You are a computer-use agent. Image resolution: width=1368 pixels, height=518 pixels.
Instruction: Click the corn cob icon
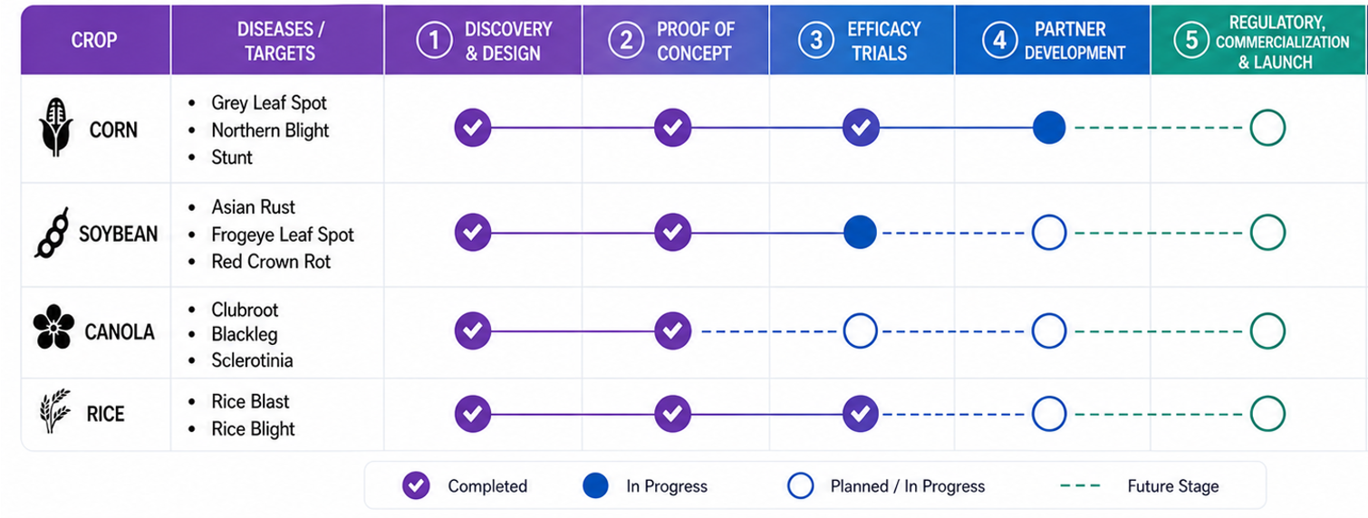pyautogui.click(x=55, y=127)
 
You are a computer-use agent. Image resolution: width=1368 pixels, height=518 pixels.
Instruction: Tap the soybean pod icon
pyautogui.click(x=52, y=233)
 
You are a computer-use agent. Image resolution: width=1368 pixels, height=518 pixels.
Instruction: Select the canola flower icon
pyautogui.click(x=53, y=326)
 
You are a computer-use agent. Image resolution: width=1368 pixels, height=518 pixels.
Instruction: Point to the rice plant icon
pyautogui.click(x=55, y=411)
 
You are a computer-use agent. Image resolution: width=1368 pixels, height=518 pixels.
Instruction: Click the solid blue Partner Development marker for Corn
pyautogui.click(x=1049, y=128)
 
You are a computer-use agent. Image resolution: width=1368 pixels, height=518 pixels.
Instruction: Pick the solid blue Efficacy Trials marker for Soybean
pyautogui.click(x=860, y=233)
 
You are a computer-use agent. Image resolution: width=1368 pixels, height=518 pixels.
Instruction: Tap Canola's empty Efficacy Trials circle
pyautogui.click(x=860, y=331)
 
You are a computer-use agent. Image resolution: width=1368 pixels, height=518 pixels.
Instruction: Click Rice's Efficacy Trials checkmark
pyautogui.click(x=861, y=414)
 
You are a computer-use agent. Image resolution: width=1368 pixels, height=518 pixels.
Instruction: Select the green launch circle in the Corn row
pyautogui.click(x=1267, y=128)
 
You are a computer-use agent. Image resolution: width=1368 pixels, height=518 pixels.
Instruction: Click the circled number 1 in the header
pyautogui.click(x=434, y=40)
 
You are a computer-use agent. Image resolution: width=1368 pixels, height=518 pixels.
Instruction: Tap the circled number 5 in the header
pyautogui.click(x=1191, y=40)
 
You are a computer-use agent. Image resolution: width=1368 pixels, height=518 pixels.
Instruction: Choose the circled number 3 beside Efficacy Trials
pyautogui.click(x=816, y=40)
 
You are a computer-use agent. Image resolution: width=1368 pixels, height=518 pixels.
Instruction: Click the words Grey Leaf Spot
pyautogui.click(x=269, y=103)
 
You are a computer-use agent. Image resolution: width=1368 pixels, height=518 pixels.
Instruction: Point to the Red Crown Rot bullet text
pyautogui.click(x=271, y=262)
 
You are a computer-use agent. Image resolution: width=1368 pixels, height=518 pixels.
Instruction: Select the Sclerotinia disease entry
pyautogui.click(x=252, y=360)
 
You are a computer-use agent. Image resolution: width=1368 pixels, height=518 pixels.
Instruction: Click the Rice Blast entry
pyautogui.click(x=250, y=401)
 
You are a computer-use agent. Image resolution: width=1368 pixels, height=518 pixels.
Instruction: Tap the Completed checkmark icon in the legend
pyautogui.click(x=416, y=485)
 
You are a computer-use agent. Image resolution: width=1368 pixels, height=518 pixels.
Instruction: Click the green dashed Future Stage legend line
pyautogui.click(x=1080, y=485)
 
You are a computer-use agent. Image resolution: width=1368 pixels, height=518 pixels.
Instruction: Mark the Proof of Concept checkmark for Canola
pyautogui.click(x=672, y=331)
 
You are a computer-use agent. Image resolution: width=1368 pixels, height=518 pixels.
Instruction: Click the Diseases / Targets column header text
pyautogui.click(x=280, y=41)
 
